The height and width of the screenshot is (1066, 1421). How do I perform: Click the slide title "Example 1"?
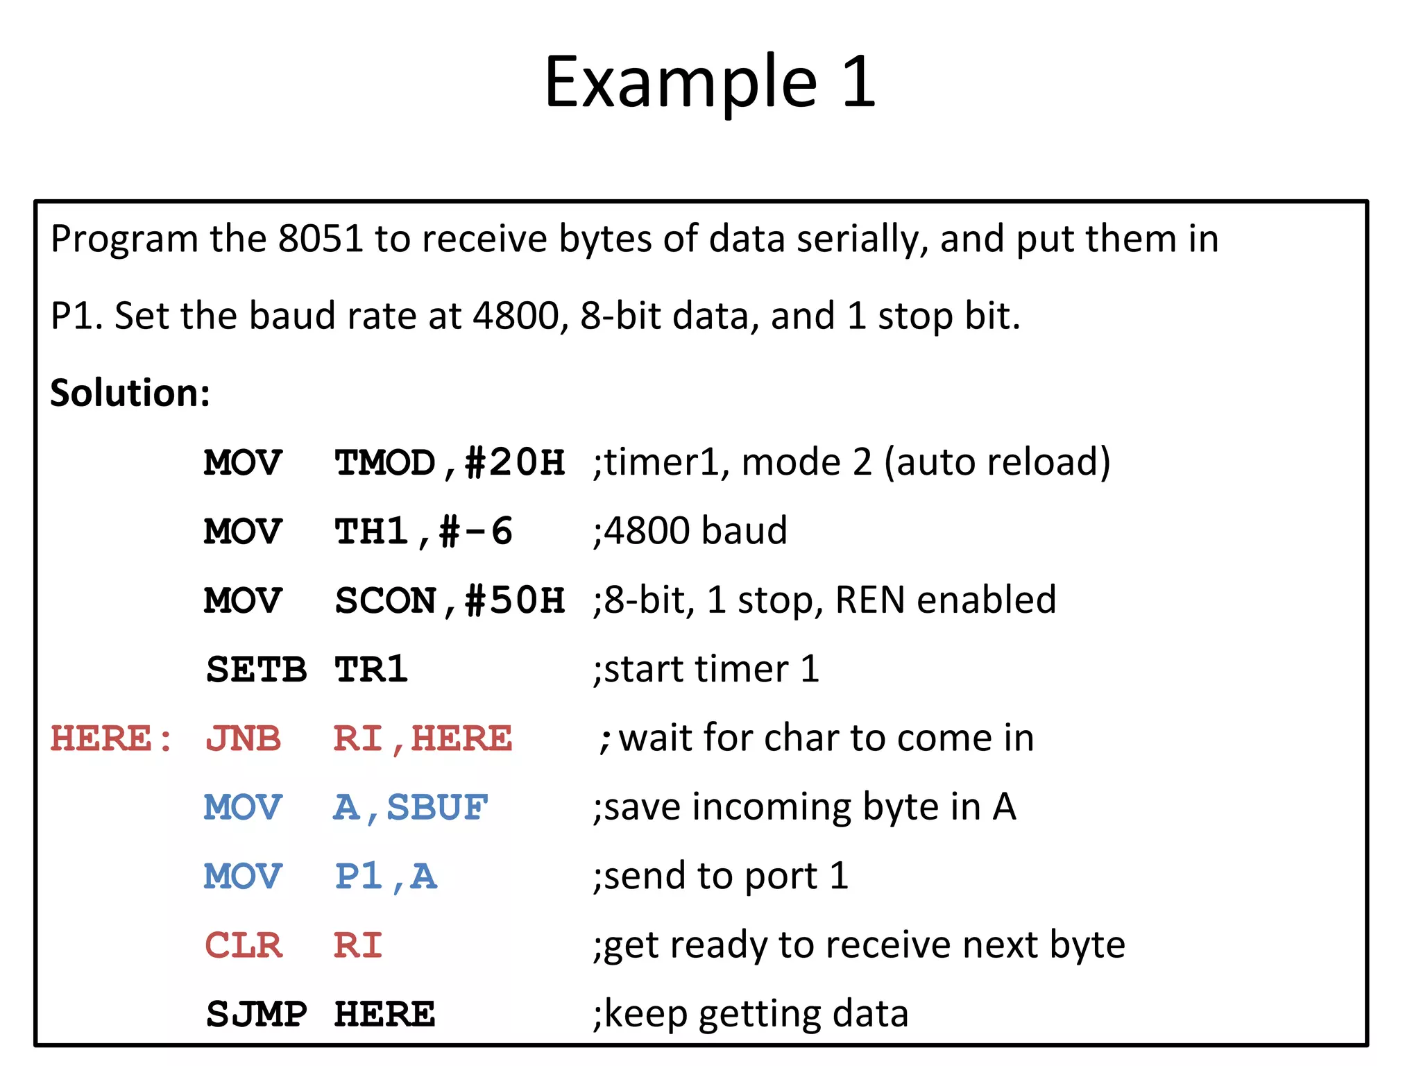tap(710, 82)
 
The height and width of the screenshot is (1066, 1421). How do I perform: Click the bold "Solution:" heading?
tap(130, 393)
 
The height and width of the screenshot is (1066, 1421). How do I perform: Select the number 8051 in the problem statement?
tap(321, 239)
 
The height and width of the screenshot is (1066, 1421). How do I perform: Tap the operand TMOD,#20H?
tap(450, 463)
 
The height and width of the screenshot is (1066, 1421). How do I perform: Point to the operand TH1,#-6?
tap(423, 532)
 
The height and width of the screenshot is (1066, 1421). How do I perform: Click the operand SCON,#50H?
tap(450, 600)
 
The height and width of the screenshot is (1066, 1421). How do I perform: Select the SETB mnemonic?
tap(256, 670)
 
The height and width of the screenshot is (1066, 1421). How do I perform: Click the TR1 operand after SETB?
tap(371, 670)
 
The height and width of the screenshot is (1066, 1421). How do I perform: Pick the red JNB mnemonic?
tap(243, 738)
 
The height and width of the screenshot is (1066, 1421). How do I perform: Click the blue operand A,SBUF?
tap(411, 808)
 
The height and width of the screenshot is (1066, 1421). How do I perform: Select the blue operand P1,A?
tap(386, 877)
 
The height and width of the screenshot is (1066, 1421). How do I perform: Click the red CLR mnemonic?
tap(243, 945)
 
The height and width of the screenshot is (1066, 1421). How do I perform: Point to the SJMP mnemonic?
tap(256, 1015)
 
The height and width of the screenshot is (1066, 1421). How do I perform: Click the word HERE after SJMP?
tap(384, 1015)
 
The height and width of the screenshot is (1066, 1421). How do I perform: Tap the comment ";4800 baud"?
tap(690, 531)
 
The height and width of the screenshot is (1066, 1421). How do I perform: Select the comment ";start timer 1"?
tap(706, 669)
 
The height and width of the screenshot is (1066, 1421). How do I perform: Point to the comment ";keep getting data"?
tap(751, 1014)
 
